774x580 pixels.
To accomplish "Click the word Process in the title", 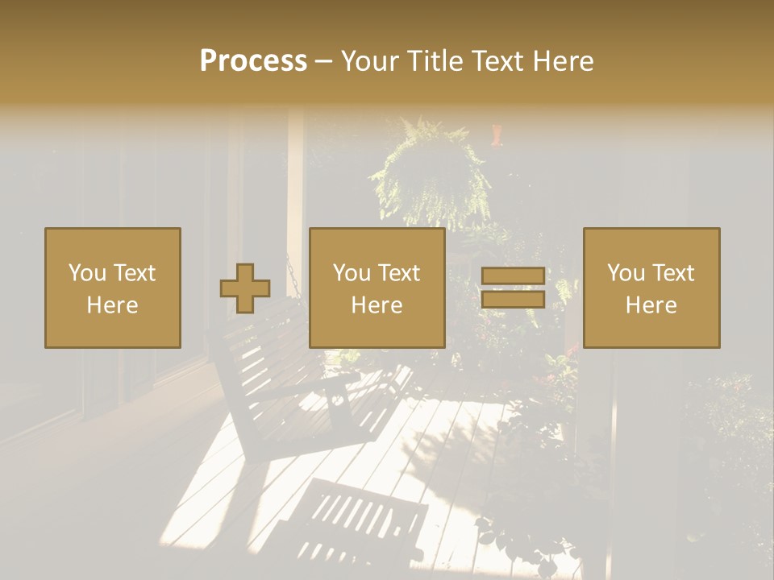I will (253, 61).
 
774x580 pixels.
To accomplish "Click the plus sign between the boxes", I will (245, 288).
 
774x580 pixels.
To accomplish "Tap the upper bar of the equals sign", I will (513, 275).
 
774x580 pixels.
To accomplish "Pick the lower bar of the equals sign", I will (513, 300).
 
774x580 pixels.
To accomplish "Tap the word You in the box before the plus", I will (88, 273).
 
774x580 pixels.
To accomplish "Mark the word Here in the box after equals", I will (651, 305).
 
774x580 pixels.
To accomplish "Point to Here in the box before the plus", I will (112, 305).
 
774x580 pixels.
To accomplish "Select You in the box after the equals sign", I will (626, 273).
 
